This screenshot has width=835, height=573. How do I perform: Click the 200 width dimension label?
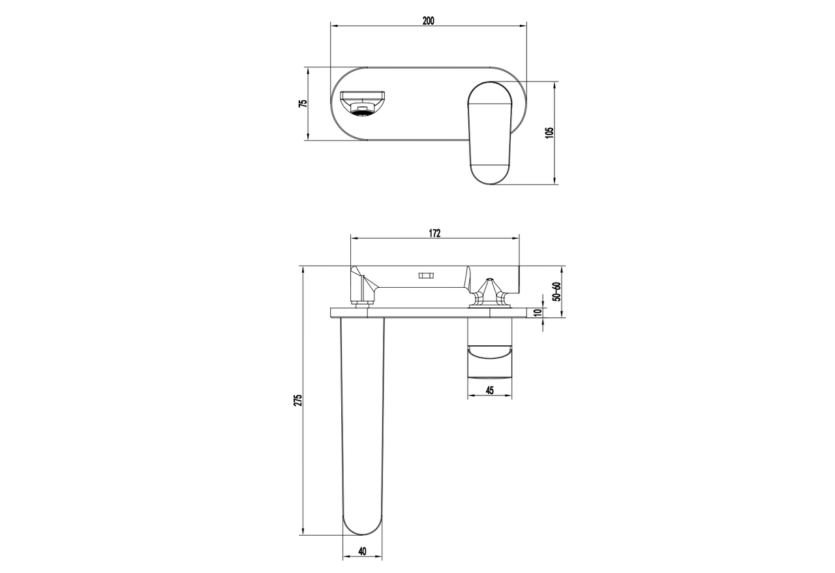click(429, 21)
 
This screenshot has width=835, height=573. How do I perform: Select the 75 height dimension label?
click(304, 103)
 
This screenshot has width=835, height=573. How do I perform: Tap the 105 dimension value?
click(549, 132)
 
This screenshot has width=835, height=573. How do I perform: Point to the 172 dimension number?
click(434, 233)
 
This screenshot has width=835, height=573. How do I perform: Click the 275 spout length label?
click(298, 400)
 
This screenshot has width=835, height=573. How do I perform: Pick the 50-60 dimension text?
click(556, 292)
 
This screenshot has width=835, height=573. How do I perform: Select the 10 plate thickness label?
click(537, 313)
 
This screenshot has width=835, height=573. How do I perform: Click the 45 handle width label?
click(490, 390)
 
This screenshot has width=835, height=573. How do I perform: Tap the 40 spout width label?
click(362, 551)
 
